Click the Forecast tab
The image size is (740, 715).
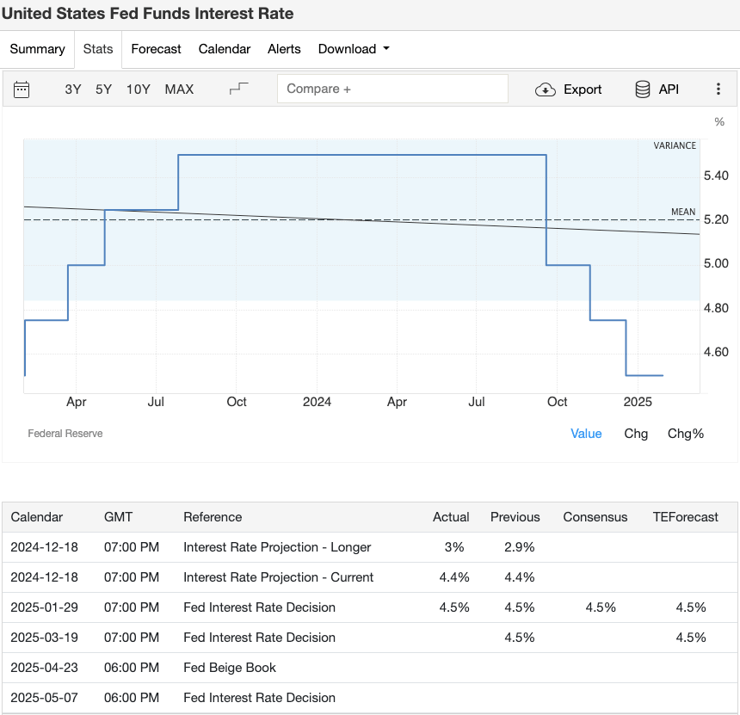[x=156, y=49]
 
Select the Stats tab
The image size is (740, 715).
[x=98, y=49]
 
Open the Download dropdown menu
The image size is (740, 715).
[x=354, y=49]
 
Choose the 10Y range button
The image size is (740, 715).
[x=138, y=89]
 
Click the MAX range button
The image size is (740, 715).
[x=179, y=89]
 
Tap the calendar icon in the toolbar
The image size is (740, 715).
[x=22, y=89]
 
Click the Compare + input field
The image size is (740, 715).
[x=392, y=89]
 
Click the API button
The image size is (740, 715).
[x=657, y=89]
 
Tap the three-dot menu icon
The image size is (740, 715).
[x=718, y=89]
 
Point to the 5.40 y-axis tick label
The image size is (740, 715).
[x=716, y=176]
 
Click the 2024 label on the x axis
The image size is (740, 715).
[x=317, y=402]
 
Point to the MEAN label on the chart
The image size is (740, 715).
[x=683, y=213]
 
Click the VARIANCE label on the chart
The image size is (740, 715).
[x=675, y=146]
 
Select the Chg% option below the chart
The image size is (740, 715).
[x=686, y=434]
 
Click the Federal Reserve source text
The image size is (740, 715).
[x=65, y=434]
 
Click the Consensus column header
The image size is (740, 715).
[x=595, y=517]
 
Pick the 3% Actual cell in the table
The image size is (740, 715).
[x=454, y=547]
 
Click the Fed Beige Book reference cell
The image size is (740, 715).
[x=230, y=668]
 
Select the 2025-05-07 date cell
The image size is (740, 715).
[x=44, y=698]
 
